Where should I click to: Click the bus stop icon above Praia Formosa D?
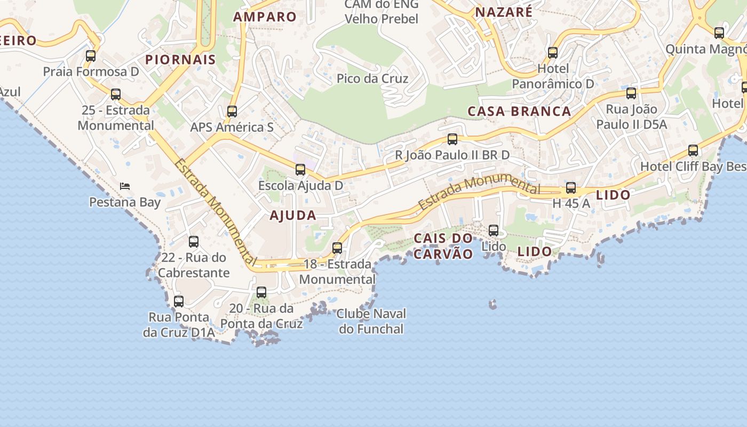[91, 56]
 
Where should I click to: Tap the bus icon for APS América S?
[232, 112]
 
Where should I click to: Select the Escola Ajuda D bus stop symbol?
[300, 170]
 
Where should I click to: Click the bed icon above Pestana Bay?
[125, 186]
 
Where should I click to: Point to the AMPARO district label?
[265, 17]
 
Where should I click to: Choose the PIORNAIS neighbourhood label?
[180, 59]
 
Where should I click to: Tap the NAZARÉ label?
[504, 12]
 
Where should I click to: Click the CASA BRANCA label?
[519, 111]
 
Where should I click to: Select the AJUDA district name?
[293, 216]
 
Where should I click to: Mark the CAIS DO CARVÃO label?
[443, 246]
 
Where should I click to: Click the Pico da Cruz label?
[372, 78]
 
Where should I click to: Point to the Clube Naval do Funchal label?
[371, 321]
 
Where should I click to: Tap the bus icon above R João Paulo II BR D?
[452, 139]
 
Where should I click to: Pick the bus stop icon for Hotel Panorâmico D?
[553, 53]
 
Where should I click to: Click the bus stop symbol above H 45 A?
[571, 187]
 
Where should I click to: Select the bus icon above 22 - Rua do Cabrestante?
[194, 242]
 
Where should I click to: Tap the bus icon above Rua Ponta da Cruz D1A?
[179, 301]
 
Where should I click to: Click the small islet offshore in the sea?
[492, 305]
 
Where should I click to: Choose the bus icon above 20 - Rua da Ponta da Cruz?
[261, 292]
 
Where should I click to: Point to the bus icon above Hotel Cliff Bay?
[693, 151]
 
